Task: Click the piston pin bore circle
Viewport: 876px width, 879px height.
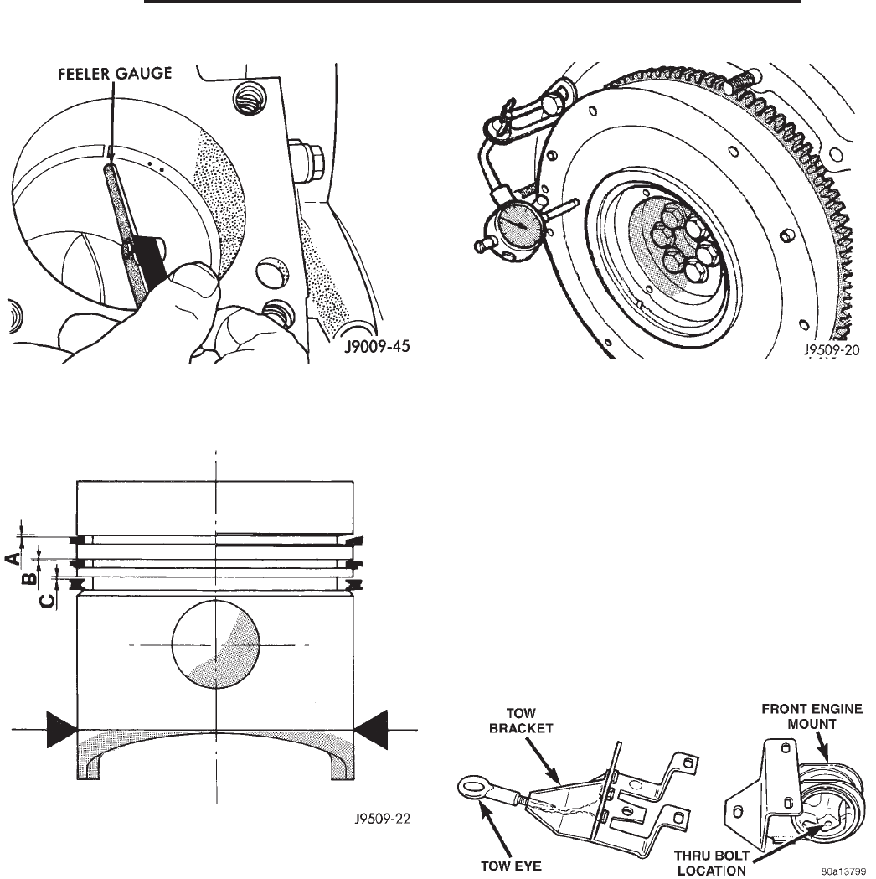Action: point(216,644)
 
